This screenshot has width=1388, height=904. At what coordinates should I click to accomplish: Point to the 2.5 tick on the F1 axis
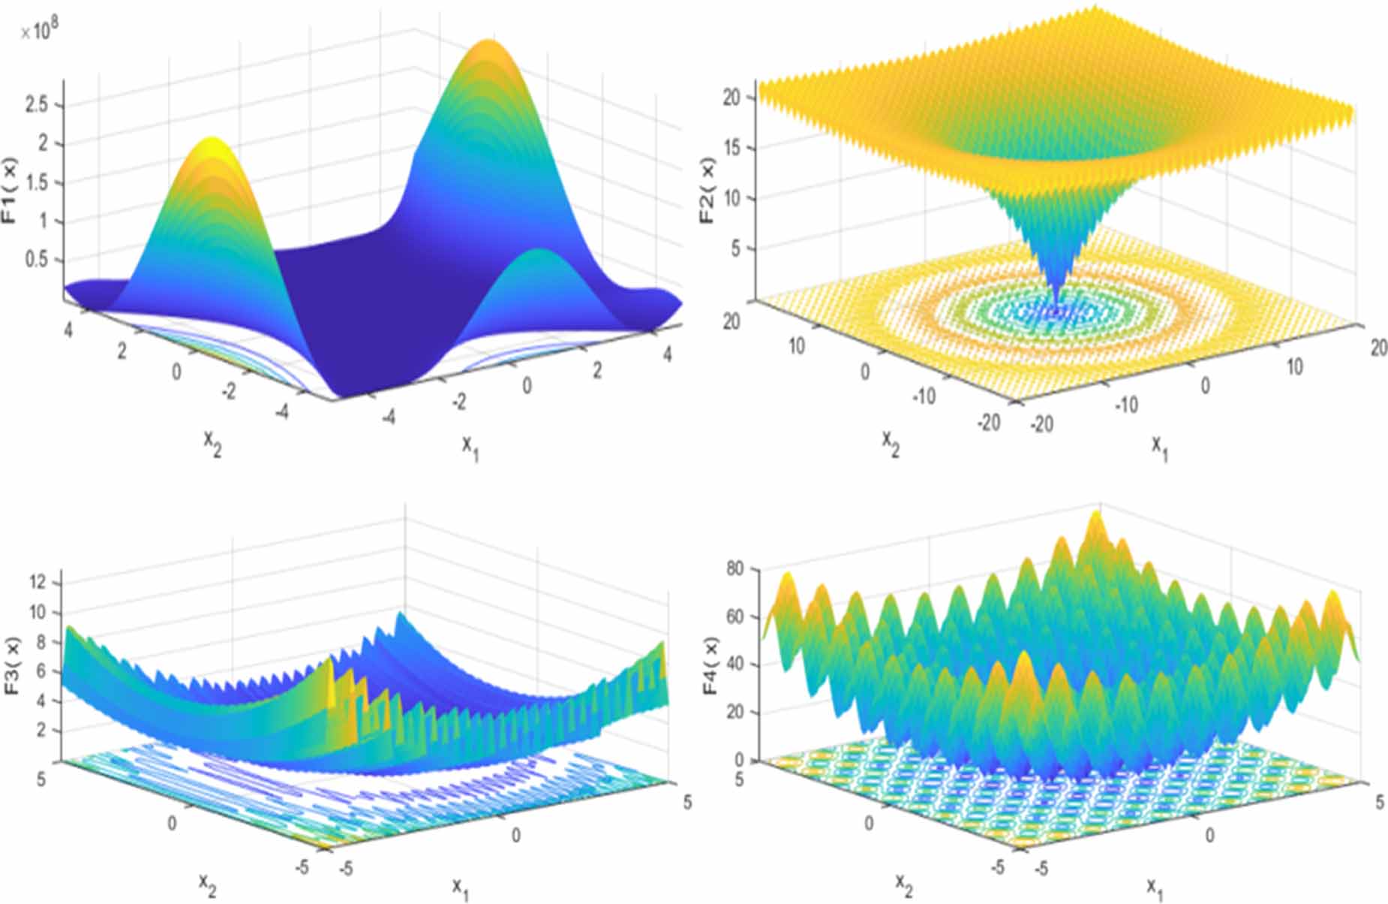point(36,104)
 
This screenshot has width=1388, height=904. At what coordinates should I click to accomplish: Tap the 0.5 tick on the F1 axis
point(36,260)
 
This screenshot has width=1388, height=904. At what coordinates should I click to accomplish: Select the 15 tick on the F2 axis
point(732,148)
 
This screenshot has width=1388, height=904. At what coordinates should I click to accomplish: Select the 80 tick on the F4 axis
point(735,568)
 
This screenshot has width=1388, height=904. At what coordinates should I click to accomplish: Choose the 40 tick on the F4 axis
point(735,664)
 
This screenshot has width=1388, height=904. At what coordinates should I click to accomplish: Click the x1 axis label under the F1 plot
point(470,447)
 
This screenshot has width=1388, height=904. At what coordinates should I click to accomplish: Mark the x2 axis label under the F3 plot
point(208,884)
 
